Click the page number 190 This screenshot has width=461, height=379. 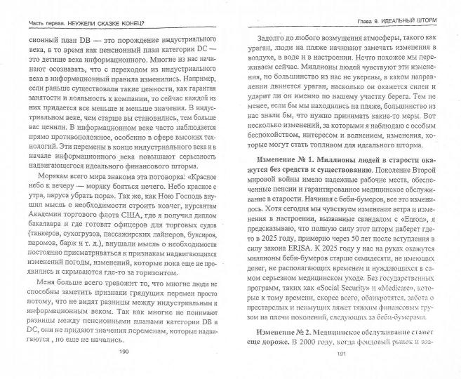[x=124, y=371]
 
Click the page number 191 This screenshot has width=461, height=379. [x=345, y=371]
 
